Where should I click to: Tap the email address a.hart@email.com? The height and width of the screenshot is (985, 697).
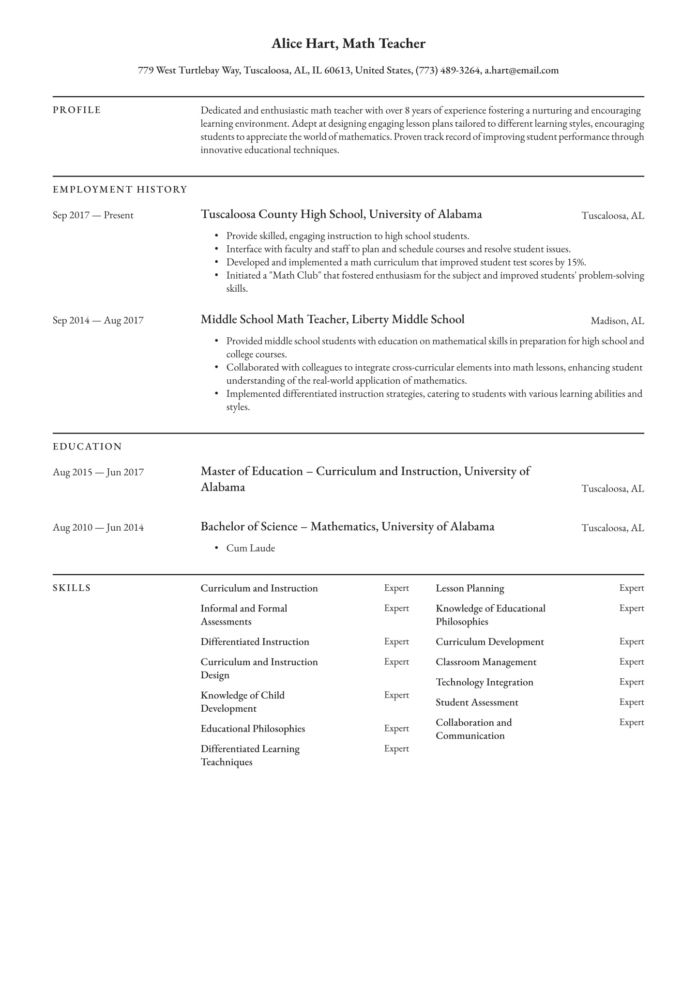pos(522,71)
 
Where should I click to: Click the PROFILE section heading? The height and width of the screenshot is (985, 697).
pos(77,110)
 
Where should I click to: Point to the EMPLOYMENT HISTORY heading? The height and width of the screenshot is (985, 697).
pos(120,190)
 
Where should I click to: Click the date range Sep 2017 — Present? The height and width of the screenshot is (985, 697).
pos(93,215)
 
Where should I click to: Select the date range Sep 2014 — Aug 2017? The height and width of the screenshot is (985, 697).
pos(98,320)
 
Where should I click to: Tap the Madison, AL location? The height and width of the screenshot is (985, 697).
pos(617,321)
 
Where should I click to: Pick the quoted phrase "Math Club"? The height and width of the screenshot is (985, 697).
pos(273,276)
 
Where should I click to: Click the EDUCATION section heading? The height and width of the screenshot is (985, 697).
pos(87,447)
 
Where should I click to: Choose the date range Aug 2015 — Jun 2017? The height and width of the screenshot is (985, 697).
pos(98,472)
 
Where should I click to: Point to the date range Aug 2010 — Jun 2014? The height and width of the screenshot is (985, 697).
pos(98,527)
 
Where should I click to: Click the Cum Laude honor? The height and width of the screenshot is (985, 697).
pos(250,548)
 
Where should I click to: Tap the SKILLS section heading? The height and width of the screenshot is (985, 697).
pos(72,588)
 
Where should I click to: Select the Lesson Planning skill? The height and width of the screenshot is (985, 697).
pos(470,588)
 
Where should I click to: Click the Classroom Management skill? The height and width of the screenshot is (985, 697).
pos(485,662)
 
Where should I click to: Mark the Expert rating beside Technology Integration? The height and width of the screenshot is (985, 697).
pos(631,682)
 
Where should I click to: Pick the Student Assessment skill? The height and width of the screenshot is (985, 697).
pos(477,702)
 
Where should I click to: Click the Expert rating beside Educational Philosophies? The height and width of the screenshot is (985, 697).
pos(396,729)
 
